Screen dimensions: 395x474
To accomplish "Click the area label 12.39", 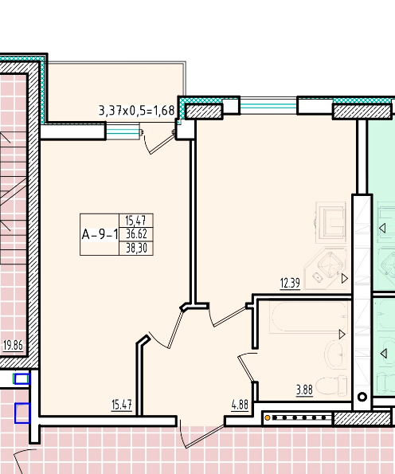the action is click(290, 284).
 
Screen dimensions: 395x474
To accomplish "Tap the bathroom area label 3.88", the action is click(304, 390).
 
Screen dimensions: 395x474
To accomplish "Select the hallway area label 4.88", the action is click(240, 405).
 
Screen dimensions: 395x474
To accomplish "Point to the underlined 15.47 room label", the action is click(122, 405).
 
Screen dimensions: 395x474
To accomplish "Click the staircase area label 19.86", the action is click(13, 345).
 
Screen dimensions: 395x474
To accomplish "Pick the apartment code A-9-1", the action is click(100, 234).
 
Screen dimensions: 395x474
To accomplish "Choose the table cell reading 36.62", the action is click(136, 234).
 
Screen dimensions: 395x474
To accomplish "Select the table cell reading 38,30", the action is click(136, 249).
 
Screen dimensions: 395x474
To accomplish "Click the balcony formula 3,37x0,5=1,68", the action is click(137, 111).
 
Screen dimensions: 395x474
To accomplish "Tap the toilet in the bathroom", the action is click(331, 385).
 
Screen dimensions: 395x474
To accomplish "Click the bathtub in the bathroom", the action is click(308, 317).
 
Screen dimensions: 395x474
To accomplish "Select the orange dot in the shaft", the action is click(267, 418).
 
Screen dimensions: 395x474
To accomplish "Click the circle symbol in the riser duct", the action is click(362, 397).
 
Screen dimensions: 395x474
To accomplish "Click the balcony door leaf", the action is click(163, 145).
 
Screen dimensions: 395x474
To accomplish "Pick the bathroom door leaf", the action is click(247, 369).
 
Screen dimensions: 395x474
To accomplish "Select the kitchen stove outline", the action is click(331, 223).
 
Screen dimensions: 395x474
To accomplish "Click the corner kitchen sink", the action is click(327, 268).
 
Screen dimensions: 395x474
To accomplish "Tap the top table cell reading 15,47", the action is click(136, 221).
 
